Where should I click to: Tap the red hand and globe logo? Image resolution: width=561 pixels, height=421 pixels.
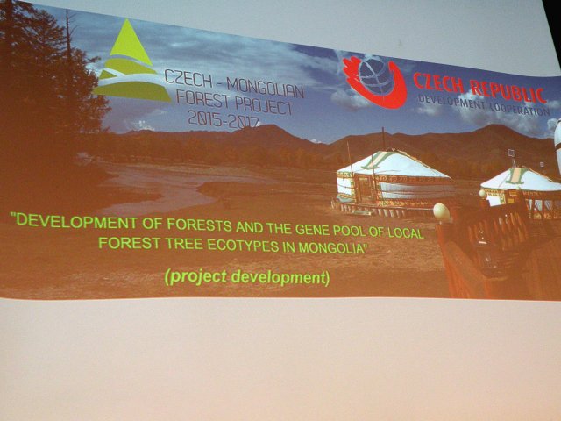(x=374, y=82)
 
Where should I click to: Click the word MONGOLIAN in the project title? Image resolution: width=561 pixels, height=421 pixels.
(x=265, y=88)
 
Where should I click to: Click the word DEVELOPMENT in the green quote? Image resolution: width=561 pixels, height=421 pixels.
(x=76, y=221)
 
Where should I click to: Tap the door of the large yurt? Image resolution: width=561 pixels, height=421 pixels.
(x=364, y=188)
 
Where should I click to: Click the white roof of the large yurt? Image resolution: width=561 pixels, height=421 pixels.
(x=393, y=165)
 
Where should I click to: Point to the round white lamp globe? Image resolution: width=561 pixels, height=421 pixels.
(x=441, y=212)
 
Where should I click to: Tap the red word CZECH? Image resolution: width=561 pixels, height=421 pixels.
(x=438, y=84)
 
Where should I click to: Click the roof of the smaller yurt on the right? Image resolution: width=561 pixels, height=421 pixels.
(x=521, y=179)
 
